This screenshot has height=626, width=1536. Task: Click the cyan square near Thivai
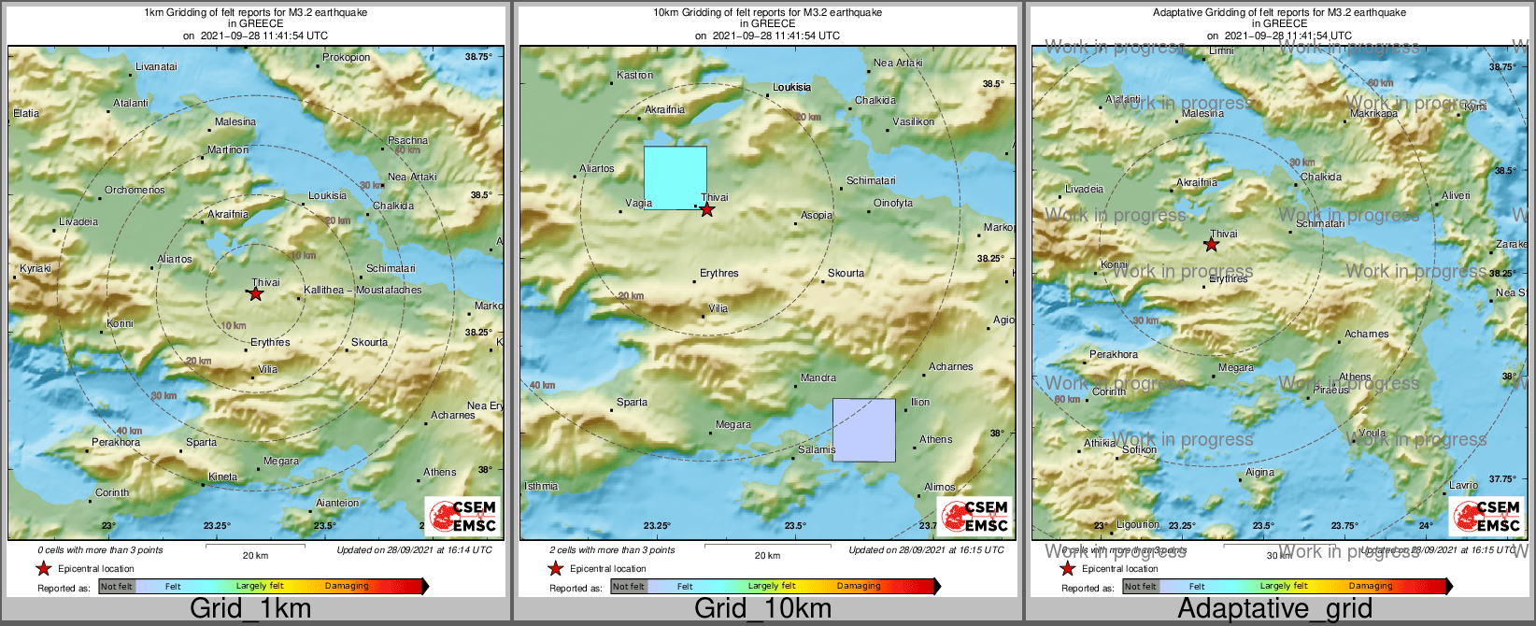click(x=675, y=178)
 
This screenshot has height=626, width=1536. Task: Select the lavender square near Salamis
click(x=863, y=430)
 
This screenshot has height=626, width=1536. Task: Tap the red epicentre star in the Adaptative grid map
click(x=1211, y=245)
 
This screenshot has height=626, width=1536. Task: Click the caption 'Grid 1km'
click(x=250, y=609)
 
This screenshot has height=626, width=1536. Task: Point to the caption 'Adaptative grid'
click(x=1274, y=609)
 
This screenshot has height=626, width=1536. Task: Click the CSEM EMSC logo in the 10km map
click(x=975, y=516)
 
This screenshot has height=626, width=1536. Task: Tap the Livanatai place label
click(x=156, y=67)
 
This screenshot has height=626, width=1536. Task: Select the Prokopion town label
click(x=346, y=58)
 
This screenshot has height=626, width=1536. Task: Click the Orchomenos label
click(x=135, y=191)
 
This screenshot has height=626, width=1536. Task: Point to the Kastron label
click(x=635, y=76)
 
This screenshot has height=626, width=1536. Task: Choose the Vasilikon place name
click(x=913, y=122)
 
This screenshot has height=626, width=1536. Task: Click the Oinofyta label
click(x=893, y=204)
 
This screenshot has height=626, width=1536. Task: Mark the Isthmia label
click(x=541, y=487)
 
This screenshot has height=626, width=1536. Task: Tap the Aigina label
click(x=1259, y=473)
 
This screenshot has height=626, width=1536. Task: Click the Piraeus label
click(x=1330, y=391)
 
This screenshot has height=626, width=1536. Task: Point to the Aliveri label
click(x=1456, y=196)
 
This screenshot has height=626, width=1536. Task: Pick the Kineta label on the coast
click(x=222, y=477)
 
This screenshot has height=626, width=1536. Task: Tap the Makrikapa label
click(x=1373, y=114)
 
